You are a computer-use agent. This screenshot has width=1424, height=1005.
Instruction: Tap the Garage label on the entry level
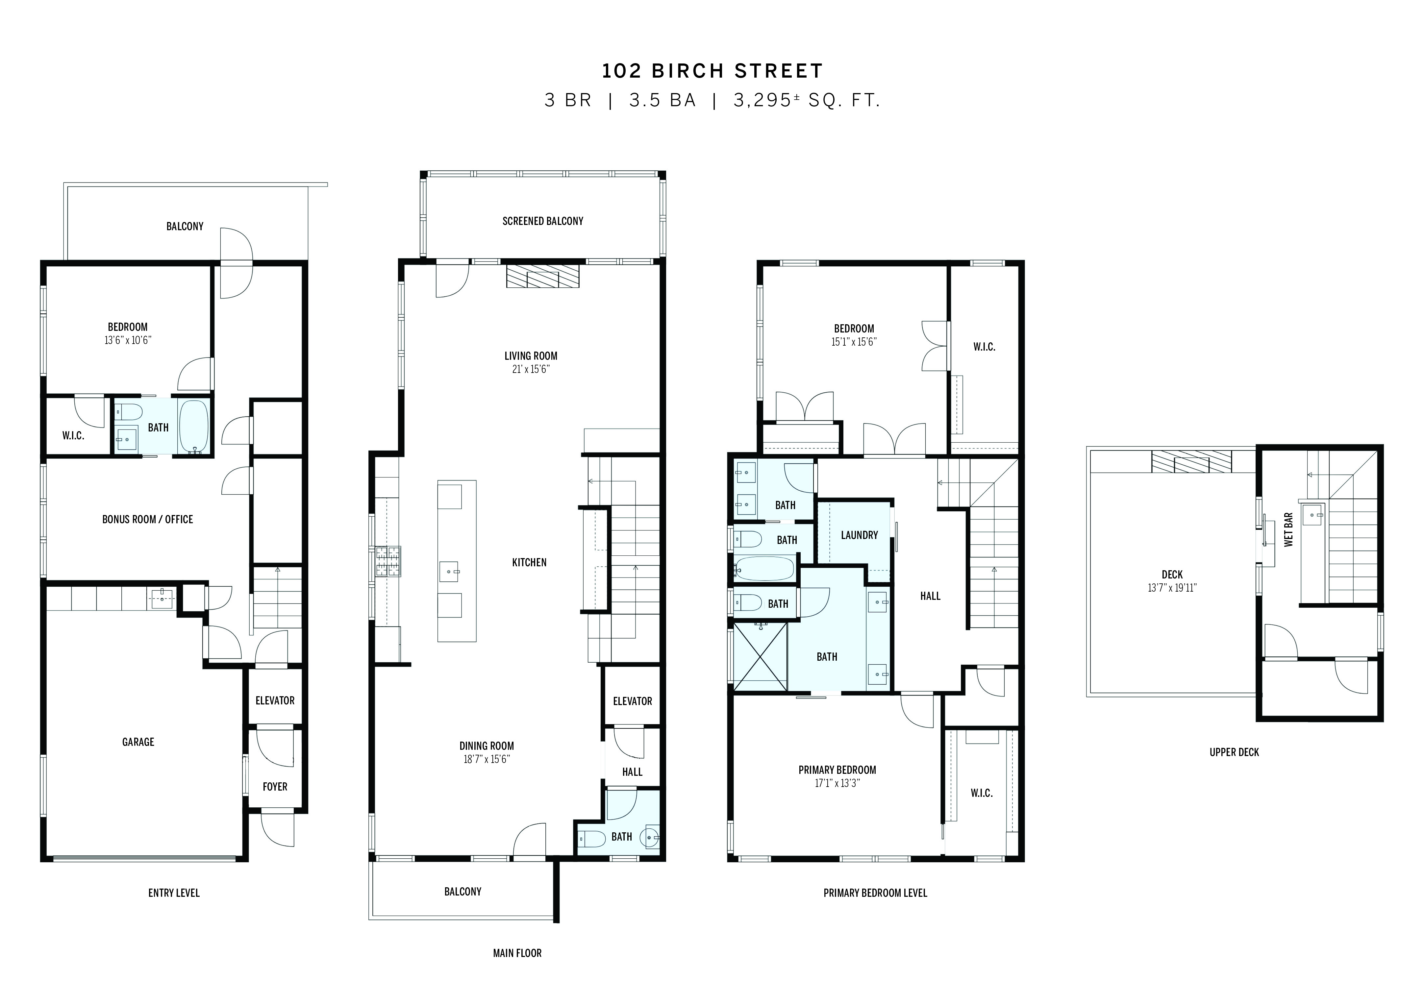point(138,742)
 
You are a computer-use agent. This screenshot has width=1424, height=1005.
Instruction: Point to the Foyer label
point(275,787)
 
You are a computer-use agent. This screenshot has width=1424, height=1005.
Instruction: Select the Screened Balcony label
point(543,221)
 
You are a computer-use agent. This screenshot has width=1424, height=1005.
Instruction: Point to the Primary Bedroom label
point(837,770)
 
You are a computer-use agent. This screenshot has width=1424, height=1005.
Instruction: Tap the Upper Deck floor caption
point(1234,752)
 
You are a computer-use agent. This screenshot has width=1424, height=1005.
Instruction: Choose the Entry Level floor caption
point(174,893)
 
